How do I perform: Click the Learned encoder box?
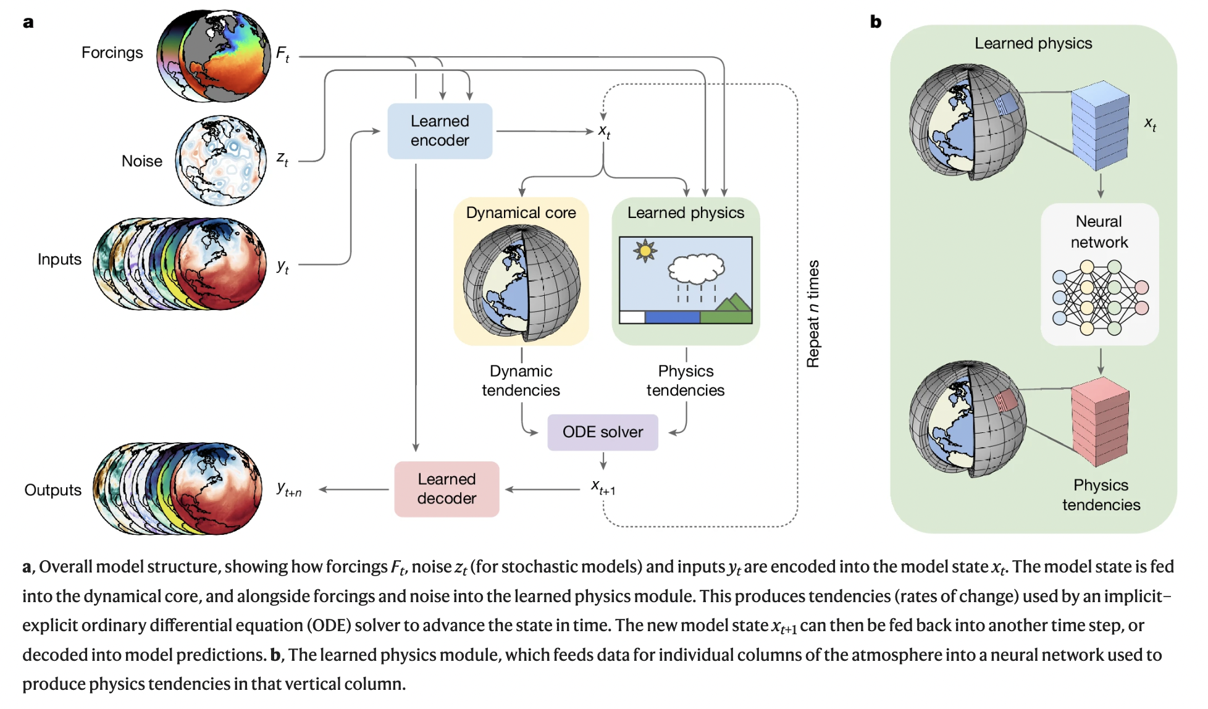point(440,131)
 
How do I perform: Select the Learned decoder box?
point(447,489)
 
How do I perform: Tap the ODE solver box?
point(602,432)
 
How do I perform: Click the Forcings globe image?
point(214,56)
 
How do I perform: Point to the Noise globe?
point(221,161)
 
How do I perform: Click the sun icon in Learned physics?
point(645,251)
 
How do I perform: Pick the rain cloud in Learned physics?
point(696,269)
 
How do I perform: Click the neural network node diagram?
point(1100,297)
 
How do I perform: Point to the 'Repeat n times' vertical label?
point(813,313)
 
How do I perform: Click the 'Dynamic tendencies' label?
point(521,380)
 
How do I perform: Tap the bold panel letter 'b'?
point(875,22)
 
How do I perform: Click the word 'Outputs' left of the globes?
point(53,490)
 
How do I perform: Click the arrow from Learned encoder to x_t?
point(543,131)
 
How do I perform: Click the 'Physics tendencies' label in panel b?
point(1101,495)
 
